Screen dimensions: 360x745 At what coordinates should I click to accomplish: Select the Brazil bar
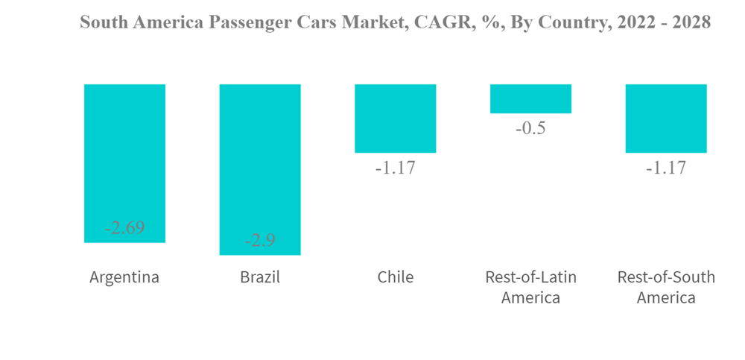pyautogui.click(x=260, y=169)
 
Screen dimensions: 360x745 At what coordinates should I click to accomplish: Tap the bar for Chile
pyautogui.click(x=395, y=119)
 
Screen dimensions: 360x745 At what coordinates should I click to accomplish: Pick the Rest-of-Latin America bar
pyautogui.click(x=530, y=98)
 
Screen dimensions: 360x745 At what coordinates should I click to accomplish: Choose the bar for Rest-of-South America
pyautogui.click(x=666, y=119)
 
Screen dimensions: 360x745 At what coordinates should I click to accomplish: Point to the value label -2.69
pyautogui.click(x=124, y=228)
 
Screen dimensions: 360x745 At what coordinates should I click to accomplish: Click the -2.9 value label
pyautogui.click(x=260, y=241)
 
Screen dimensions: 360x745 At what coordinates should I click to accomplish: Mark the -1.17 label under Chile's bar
pyautogui.click(x=395, y=168)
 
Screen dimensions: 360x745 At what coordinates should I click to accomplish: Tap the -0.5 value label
pyautogui.click(x=530, y=128)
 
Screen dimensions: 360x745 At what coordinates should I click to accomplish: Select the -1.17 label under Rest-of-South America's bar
pyautogui.click(x=666, y=168)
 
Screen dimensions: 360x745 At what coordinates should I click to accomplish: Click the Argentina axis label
pyautogui.click(x=124, y=277)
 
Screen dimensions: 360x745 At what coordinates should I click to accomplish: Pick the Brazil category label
pyautogui.click(x=260, y=277)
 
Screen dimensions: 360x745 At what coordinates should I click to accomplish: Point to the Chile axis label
pyautogui.click(x=395, y=277)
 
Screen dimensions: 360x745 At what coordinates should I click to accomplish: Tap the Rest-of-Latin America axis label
pyautogui.click(x=530, y=287)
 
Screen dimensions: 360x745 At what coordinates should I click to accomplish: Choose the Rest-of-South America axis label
pyautogui.click(x=666, y=287)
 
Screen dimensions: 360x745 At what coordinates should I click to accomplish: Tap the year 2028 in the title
pyautogui.click(x=691, y=22)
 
